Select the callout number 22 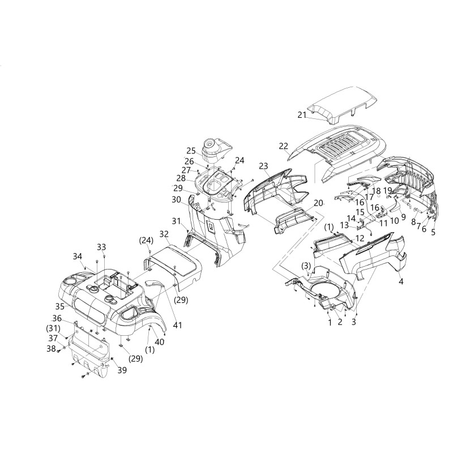click(x=283, y=146)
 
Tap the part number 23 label click(x=263, y=165)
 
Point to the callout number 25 click(x=191, y=151)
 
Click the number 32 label click(x=165, y=233)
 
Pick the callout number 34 click(x=78, y=256)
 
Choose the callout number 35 click(x=59, y=306)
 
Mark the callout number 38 click(x=52, y=349)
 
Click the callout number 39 click(x=122, y=370)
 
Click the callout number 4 click(x=401, y=281)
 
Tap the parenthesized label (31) click(x=54, y=327)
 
